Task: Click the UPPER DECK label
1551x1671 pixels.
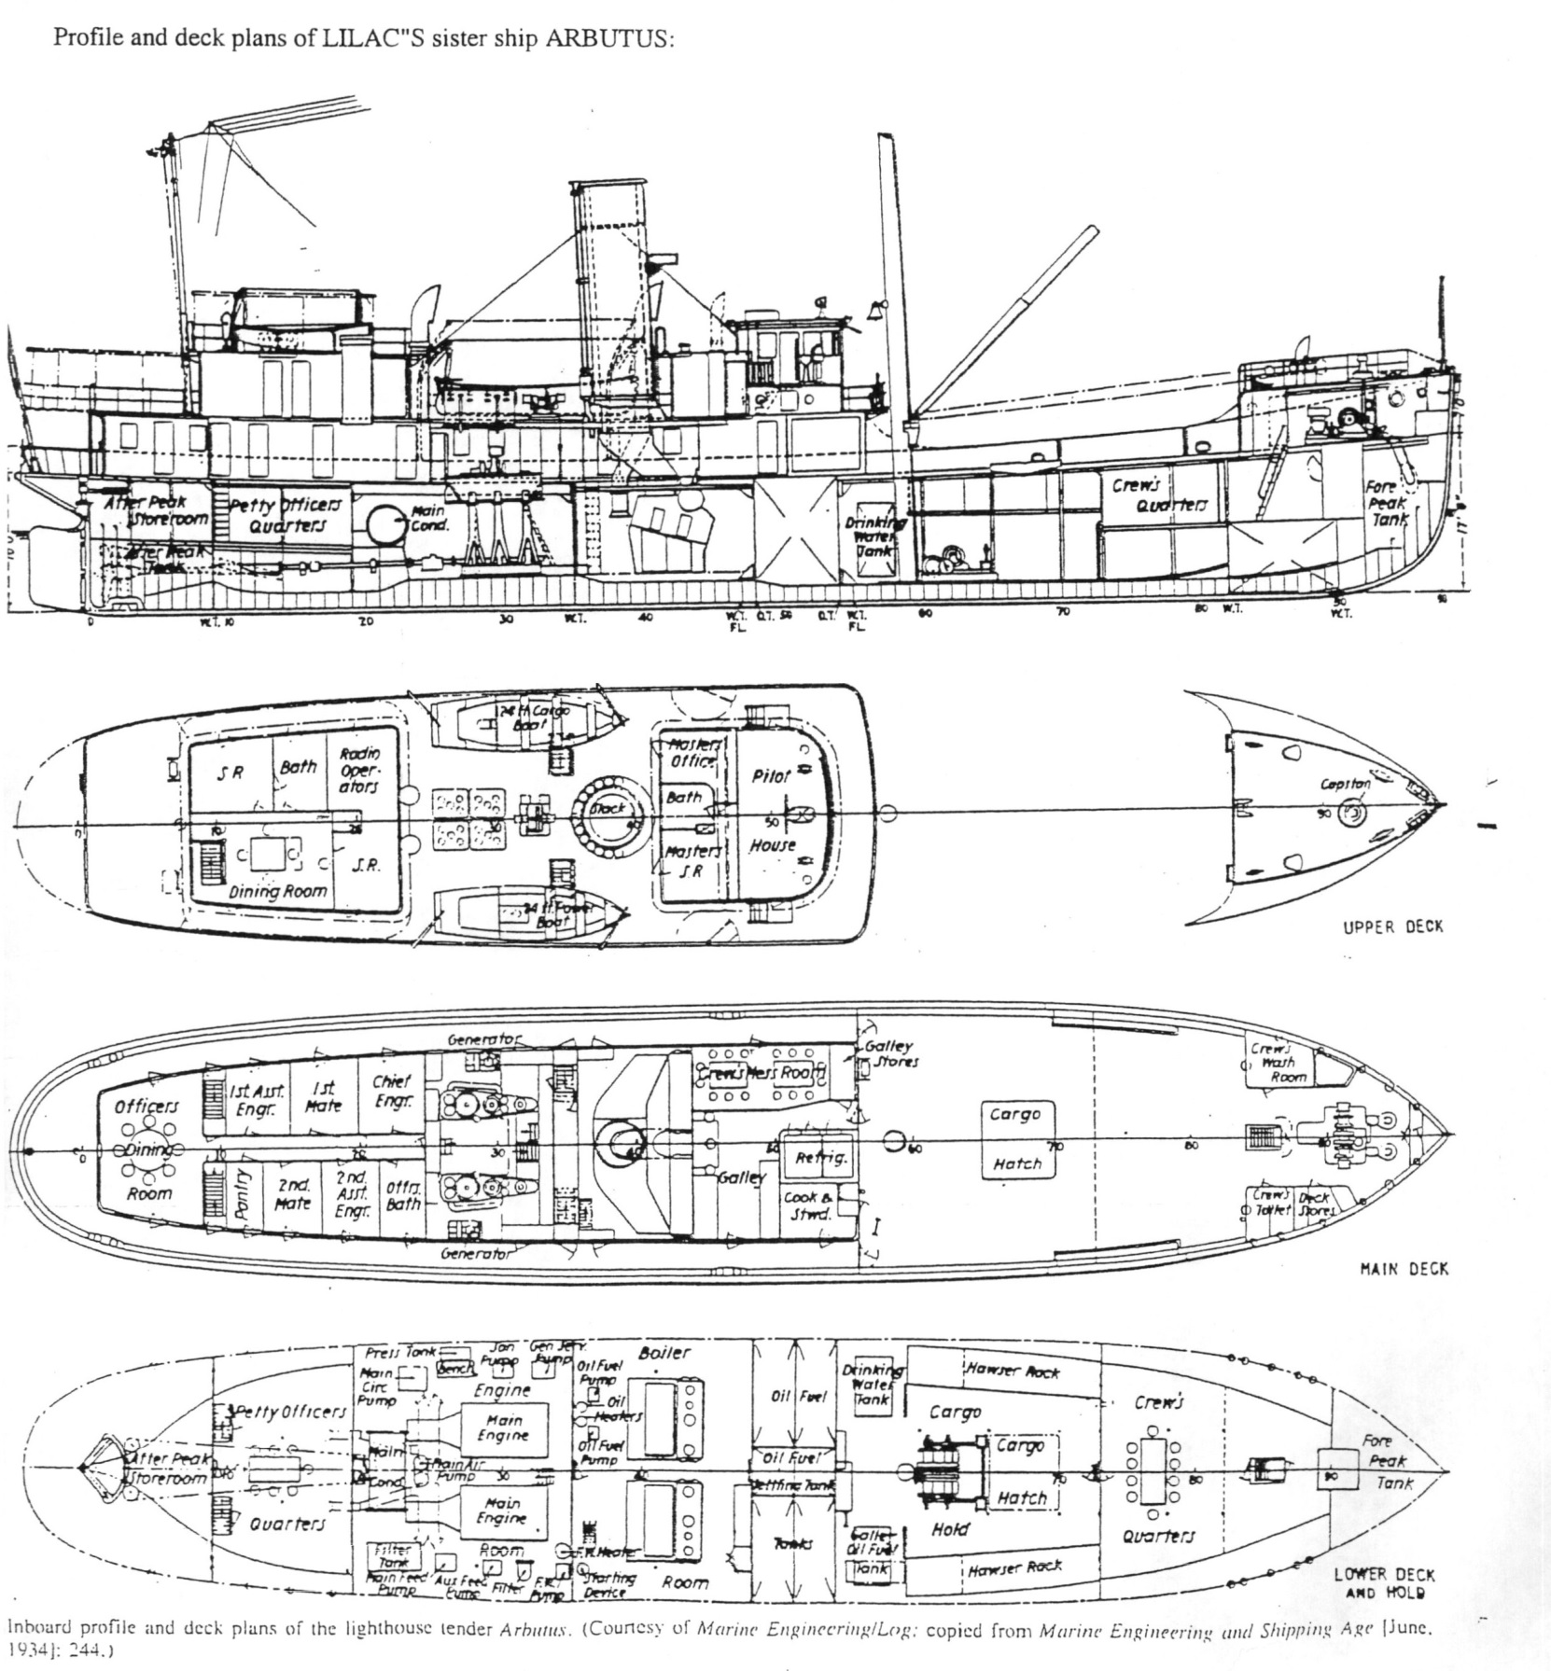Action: tap(1392, 926)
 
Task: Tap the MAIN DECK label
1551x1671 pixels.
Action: tap(1404, 1269)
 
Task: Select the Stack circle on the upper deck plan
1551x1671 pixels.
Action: tap(608, 808)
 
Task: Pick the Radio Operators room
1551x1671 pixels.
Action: tap(358, 770)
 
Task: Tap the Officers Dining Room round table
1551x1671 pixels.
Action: tap(148, 1149)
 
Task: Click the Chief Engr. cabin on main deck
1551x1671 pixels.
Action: tap(391, 1093)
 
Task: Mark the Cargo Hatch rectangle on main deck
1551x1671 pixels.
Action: tap(1016, 1139)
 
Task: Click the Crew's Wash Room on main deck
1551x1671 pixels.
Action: tap(1279, 1063)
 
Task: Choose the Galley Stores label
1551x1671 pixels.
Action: tap(891, 1053)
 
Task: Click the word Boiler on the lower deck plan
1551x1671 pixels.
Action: tap(664, 1353)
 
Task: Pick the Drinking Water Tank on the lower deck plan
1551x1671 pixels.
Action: tap(873, 1386)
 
